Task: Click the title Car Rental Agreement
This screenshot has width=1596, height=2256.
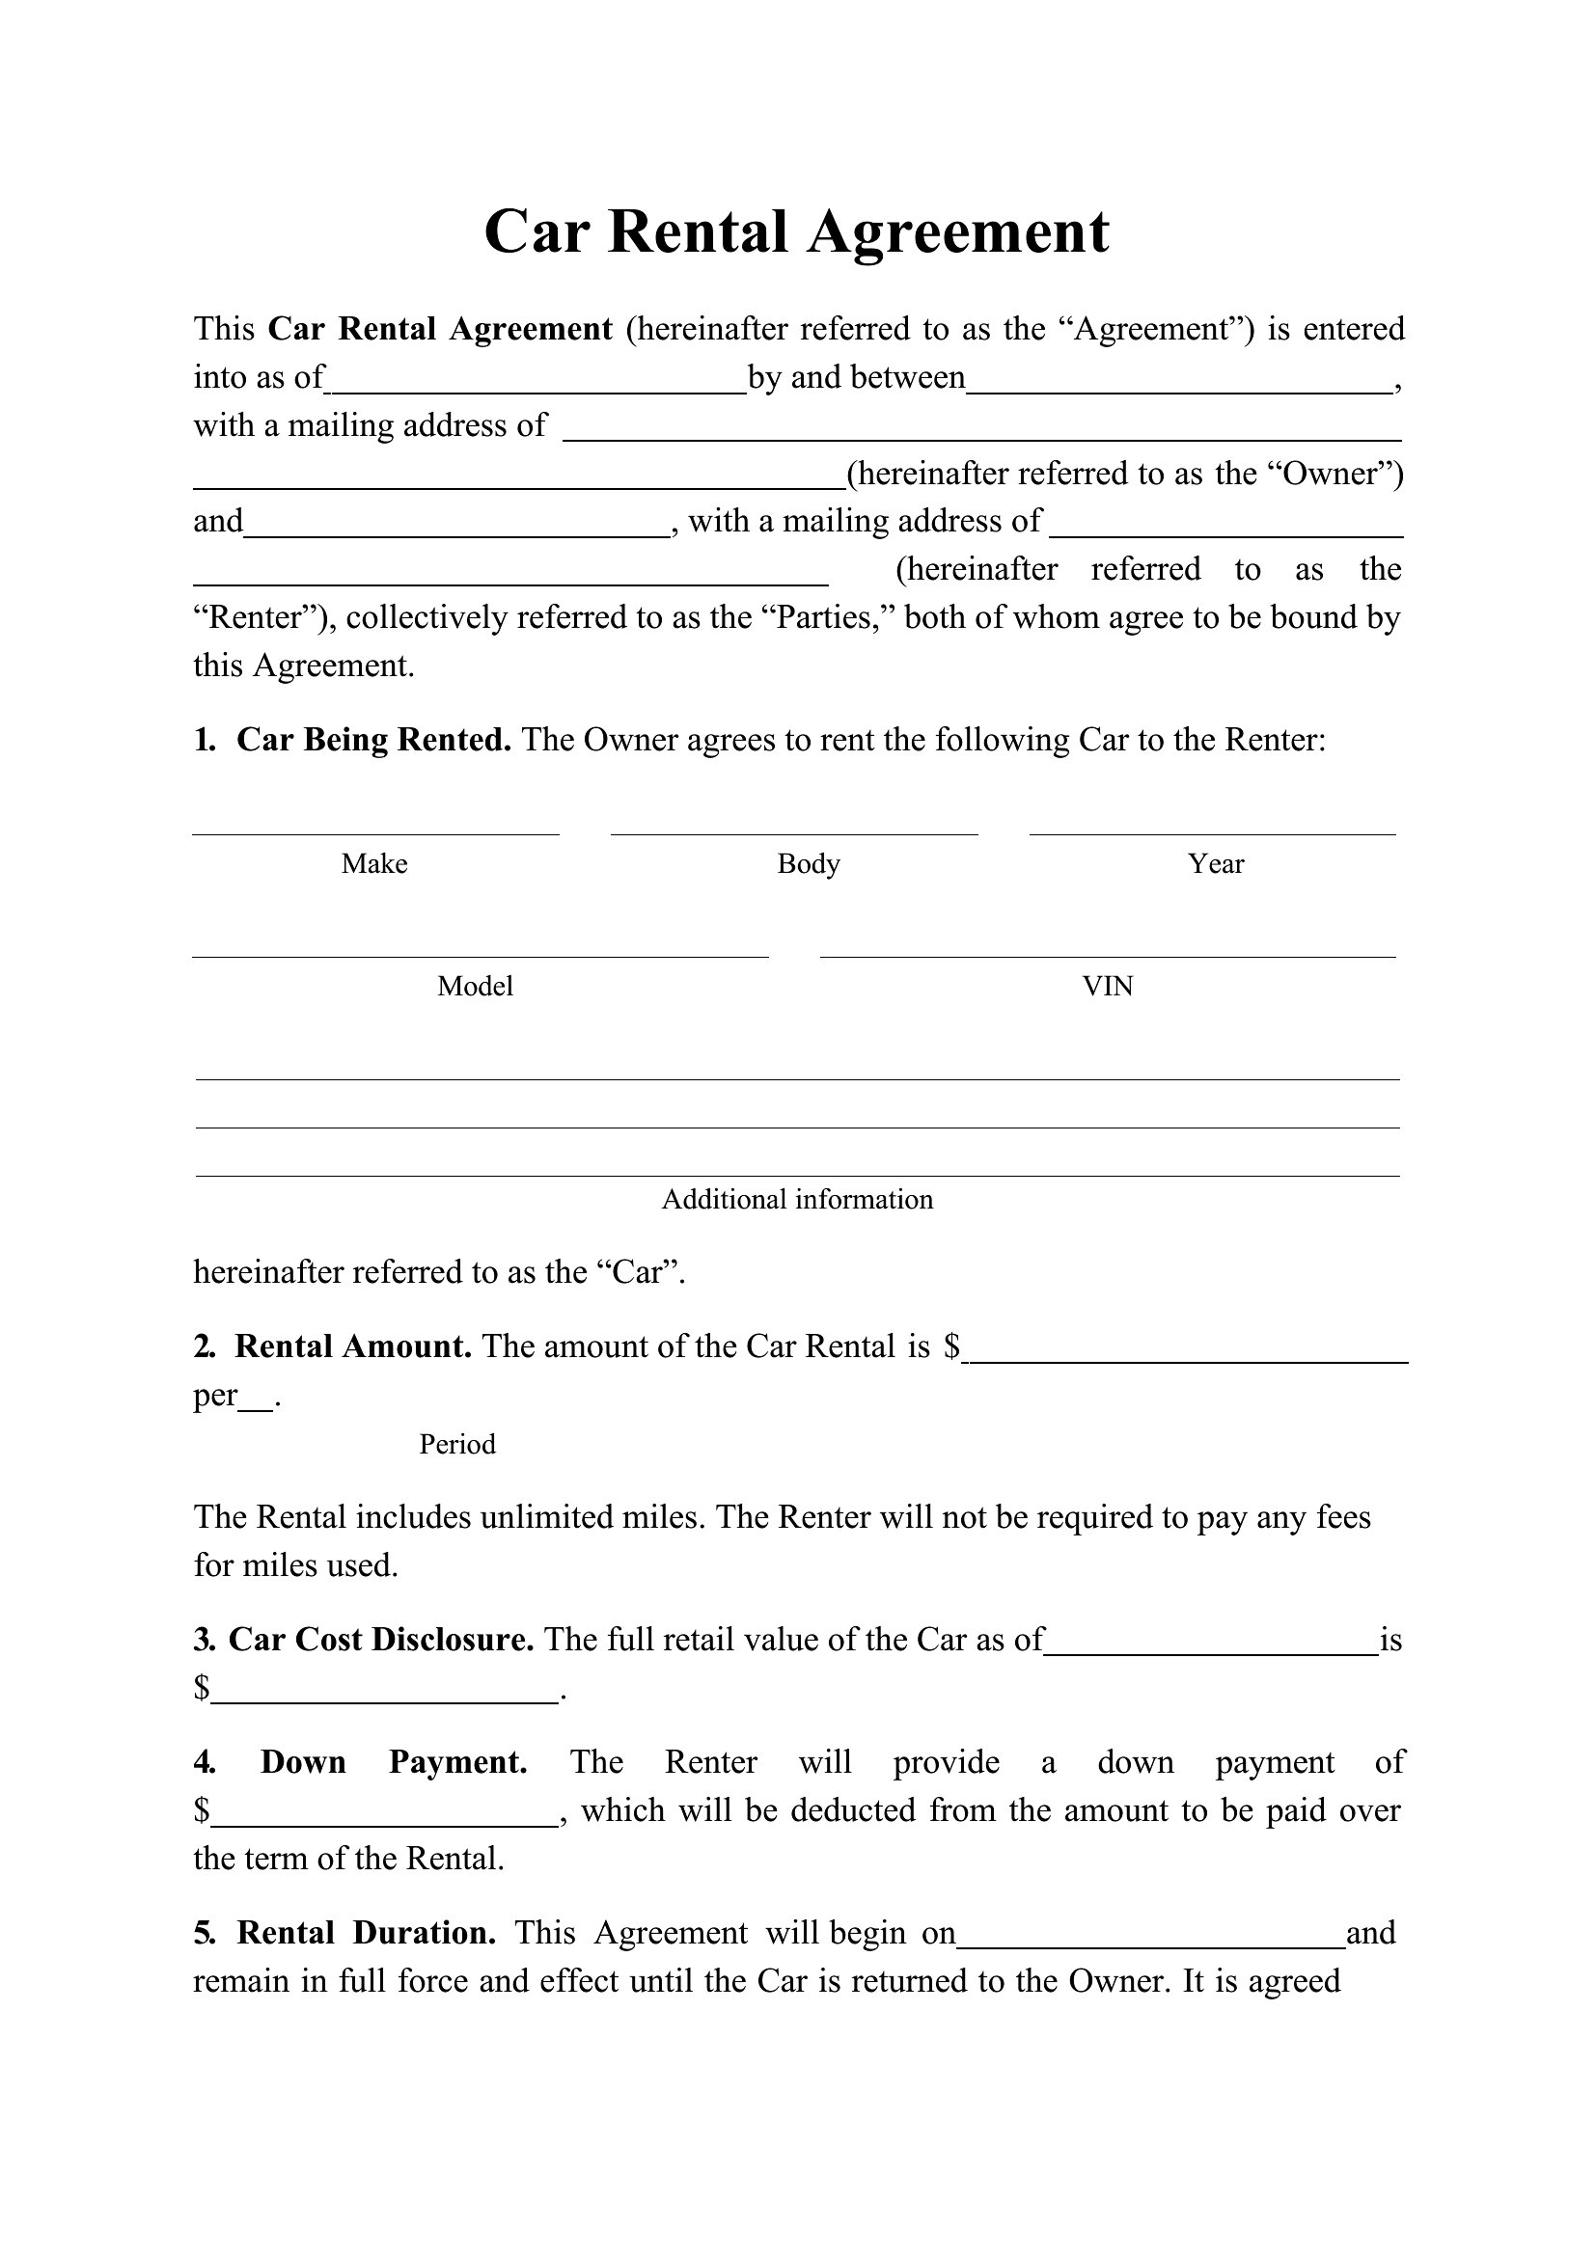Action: pyautogui.click(x=796, y=232)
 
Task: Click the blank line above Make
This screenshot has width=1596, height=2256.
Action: pyautogui.click(x=375, y=832)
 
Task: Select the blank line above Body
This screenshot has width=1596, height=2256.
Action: pyautogui.click(x=794, y=832)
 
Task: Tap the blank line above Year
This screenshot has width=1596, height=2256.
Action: pyautogui.click(x=1213, y=832)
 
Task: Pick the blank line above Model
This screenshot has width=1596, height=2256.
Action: pyautogui.click(x=480, y=954)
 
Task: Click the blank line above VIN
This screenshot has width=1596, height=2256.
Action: pyautogui.click(x=1108, y=954)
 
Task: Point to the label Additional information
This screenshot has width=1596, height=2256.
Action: pyautogui.click(x=797, y=1200)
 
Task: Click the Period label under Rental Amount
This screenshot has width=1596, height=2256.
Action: pyautogui.click(x=457, y=1445)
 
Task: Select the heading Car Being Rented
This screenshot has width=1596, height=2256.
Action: pyautogui.click(x=373, y=740)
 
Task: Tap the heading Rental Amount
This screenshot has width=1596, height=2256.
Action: pyautogui.click(x=353, y=1346)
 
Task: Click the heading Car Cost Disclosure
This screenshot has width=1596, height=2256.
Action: pyautogui.click(x=381, y=1639)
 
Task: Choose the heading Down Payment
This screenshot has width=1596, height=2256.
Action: pyautogui.click(x=393, y=1762)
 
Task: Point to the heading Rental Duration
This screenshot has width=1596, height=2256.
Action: pyautogui.click(x=366, y=1933)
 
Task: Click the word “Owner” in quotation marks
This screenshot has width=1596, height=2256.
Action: pyautogui.click(x=1333, y=474)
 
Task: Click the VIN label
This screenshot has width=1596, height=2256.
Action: pyautogui.click(x=1108, y=987)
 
